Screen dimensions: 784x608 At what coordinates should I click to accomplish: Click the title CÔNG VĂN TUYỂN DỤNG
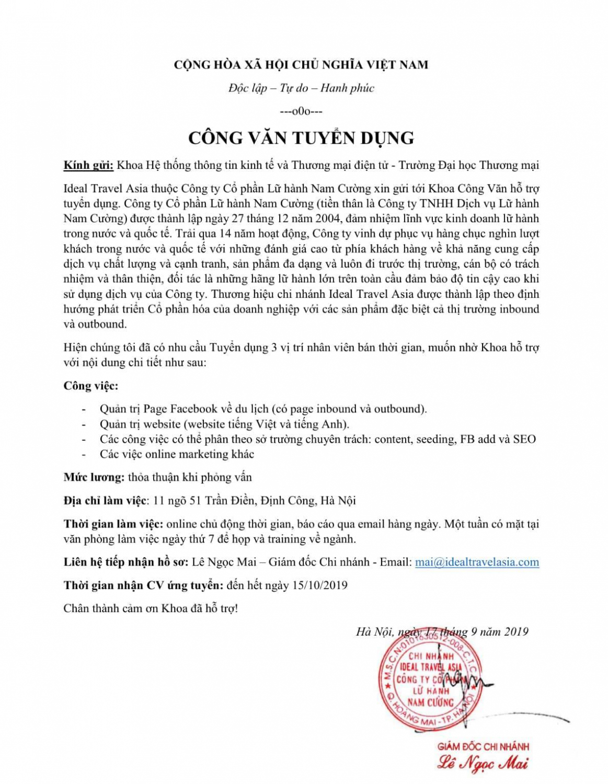pyautogui.click(x=301, y=138)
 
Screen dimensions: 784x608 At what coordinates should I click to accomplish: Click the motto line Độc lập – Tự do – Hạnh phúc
pyautogui.click(x=301, y=88)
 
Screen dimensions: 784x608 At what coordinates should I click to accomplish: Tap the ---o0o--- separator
pyautogui.click(x=301, y=111)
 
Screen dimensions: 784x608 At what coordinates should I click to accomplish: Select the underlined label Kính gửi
pyautogui.click(x=88, y=165)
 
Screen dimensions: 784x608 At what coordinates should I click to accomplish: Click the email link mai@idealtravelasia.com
pyautogui.click(x=477, y=562)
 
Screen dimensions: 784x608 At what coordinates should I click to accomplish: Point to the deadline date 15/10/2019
pyautogui.click(x=319, y=585)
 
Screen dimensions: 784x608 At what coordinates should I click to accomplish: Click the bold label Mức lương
pyautogui.click(x=94, y=477)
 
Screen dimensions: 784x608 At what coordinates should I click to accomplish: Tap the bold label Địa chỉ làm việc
pyautogui.click(x=105, y=500)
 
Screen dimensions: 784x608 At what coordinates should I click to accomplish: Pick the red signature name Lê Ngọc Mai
pyautogui.click(x=483, y=764)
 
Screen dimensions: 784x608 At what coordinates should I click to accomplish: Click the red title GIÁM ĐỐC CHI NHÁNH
pyautogui.click(x=483, y=746)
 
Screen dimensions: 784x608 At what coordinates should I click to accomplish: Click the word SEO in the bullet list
pyautogui.click(x=524, y=439)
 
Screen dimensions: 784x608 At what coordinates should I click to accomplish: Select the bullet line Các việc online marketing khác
pyautogui.click(x=177, y=454)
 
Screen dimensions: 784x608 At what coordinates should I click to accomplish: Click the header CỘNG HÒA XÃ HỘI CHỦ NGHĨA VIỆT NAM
pyautogui.click(x=301, y=65)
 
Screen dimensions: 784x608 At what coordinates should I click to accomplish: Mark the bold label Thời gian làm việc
pyautogui.click(x=113, y=524)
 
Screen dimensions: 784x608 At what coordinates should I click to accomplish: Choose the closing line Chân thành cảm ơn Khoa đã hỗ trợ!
pyautogui.click(x=151, y=608)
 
